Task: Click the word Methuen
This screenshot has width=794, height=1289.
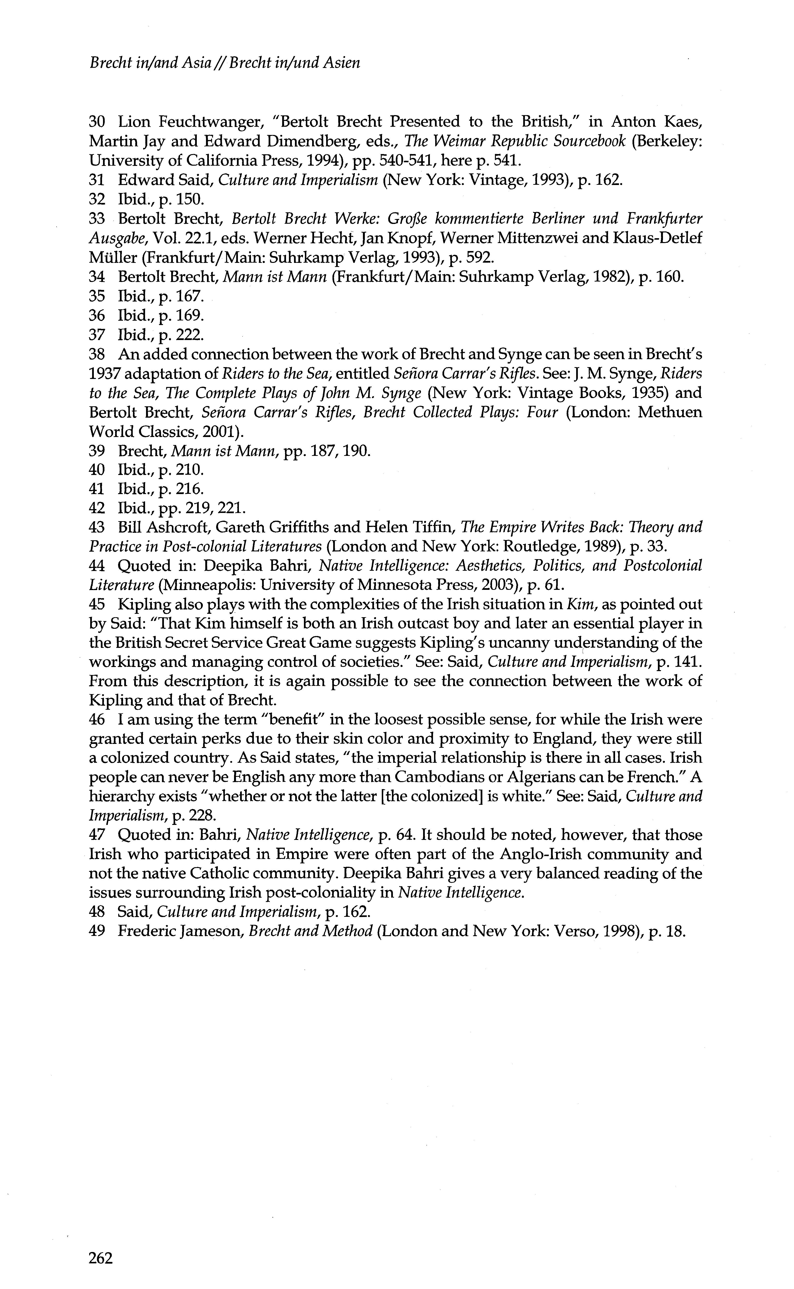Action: click(669, 412)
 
